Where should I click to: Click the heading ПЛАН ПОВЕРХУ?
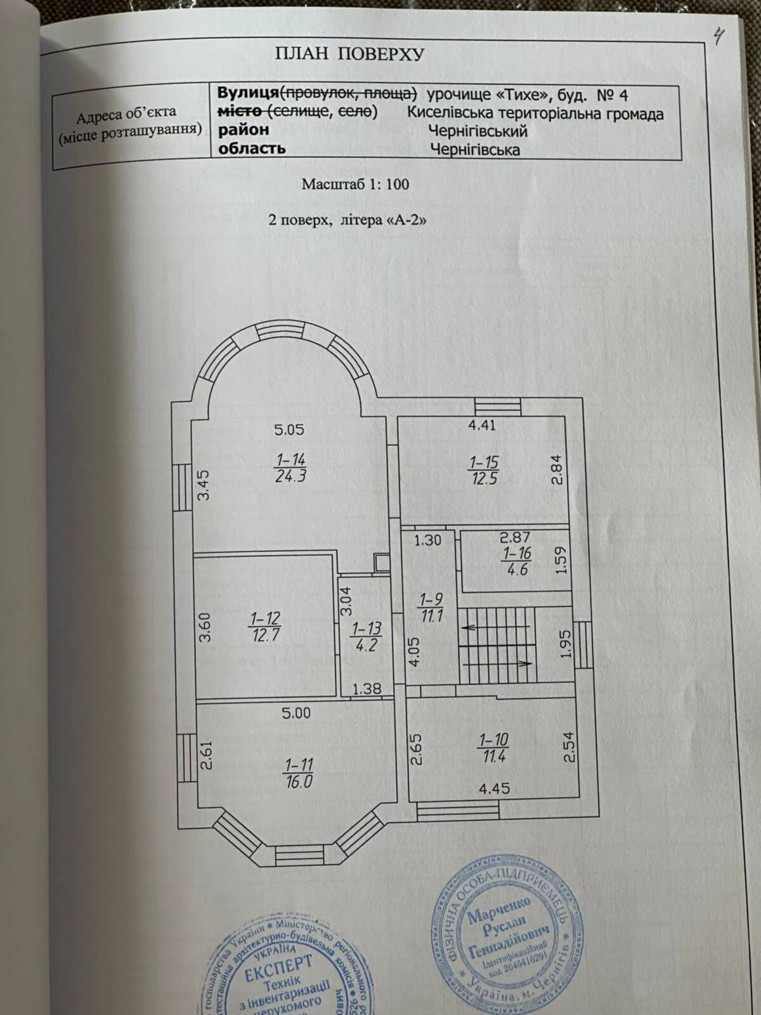349,54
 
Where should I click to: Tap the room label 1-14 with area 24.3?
290,468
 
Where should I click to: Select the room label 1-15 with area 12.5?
484,469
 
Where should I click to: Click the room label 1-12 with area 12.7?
265,626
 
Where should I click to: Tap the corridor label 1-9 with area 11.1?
431,606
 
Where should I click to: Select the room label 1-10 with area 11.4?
493,748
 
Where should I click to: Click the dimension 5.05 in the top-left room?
289,429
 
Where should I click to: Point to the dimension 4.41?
481,425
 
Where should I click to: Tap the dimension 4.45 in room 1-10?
494,789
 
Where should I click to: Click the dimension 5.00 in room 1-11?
296,712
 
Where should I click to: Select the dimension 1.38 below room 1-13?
366,689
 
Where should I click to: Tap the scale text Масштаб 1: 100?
355,185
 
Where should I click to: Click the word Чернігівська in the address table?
475,150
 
